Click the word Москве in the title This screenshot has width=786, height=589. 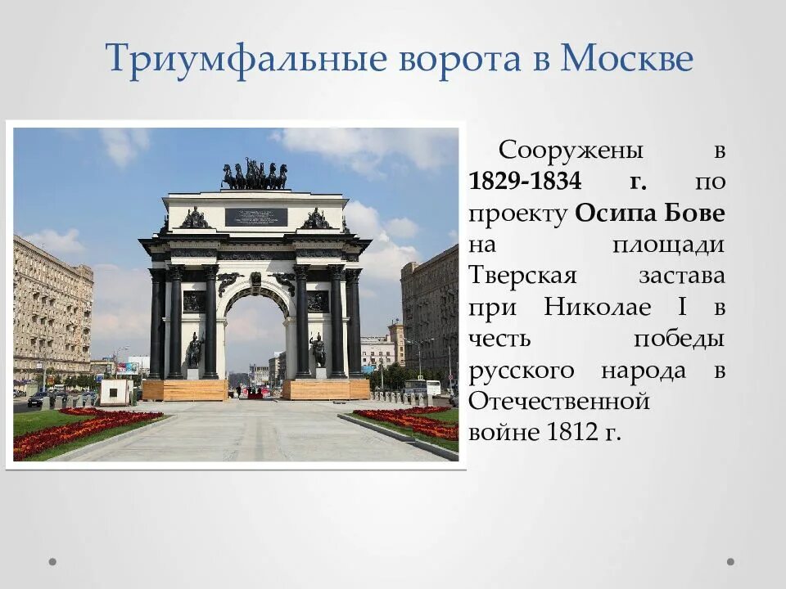click(626, 59)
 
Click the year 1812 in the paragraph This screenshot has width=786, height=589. click(571, 432)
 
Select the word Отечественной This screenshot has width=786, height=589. click(560, 402)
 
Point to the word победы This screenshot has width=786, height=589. click(679, 339)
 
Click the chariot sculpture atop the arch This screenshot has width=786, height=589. click(255, 175)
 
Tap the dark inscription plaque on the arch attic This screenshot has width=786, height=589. click(255, 217)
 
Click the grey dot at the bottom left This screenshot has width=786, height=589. click(53, 562)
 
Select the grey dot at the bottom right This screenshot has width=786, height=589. click(730, 562)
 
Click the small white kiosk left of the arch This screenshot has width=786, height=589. click(115, 392)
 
